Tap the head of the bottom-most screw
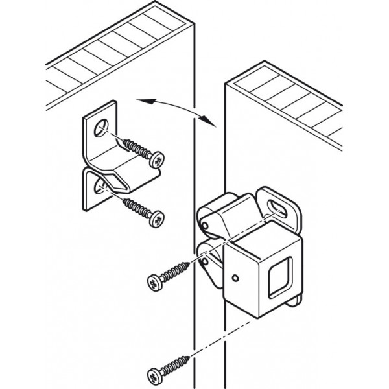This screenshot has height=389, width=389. pyautogui.click(x=156, y=375)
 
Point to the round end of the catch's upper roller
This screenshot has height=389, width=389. pyautogui.click(x=204, y=224)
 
